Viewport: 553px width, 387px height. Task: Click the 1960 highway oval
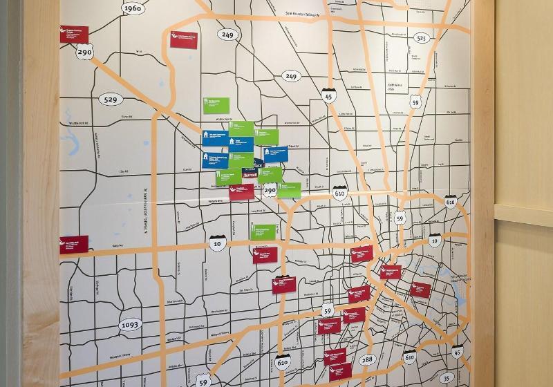[x=132, y=8]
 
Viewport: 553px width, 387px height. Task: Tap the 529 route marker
[x=111, y=100]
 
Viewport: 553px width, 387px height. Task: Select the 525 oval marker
[x=421, y=39]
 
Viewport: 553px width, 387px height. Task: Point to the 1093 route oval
[x=130, y=324]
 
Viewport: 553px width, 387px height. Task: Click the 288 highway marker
[x=367, y=359]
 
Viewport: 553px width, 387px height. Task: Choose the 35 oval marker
[x=447, y=378]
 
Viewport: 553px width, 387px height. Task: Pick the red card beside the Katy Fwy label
[x=74, y=245]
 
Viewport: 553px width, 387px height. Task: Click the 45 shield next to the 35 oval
[x=457, y=352]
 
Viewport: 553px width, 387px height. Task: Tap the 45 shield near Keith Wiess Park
[x=328, y=95]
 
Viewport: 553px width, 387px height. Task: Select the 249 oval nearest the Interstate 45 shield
[x=291, y=76]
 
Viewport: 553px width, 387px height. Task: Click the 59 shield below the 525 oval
[x=415, y=102]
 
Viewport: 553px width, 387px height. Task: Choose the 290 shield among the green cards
[x=270, y=189]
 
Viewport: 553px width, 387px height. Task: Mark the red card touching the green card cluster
[x=241, y=191]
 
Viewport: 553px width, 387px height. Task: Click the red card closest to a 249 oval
[x=183, y=38]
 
